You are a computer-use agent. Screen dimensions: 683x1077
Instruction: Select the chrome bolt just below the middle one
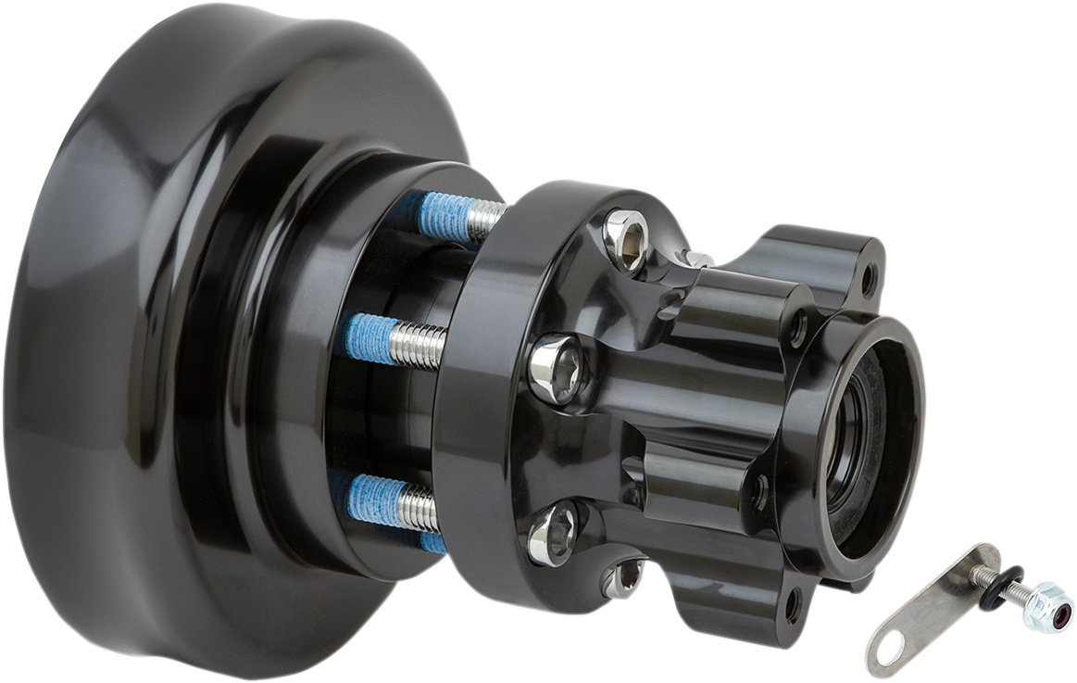click(x=554, y=532)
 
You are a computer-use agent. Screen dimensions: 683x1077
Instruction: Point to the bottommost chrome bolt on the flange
click(x=623, y=579)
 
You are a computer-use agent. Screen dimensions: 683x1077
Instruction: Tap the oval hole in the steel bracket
click(x=890, y=650)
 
